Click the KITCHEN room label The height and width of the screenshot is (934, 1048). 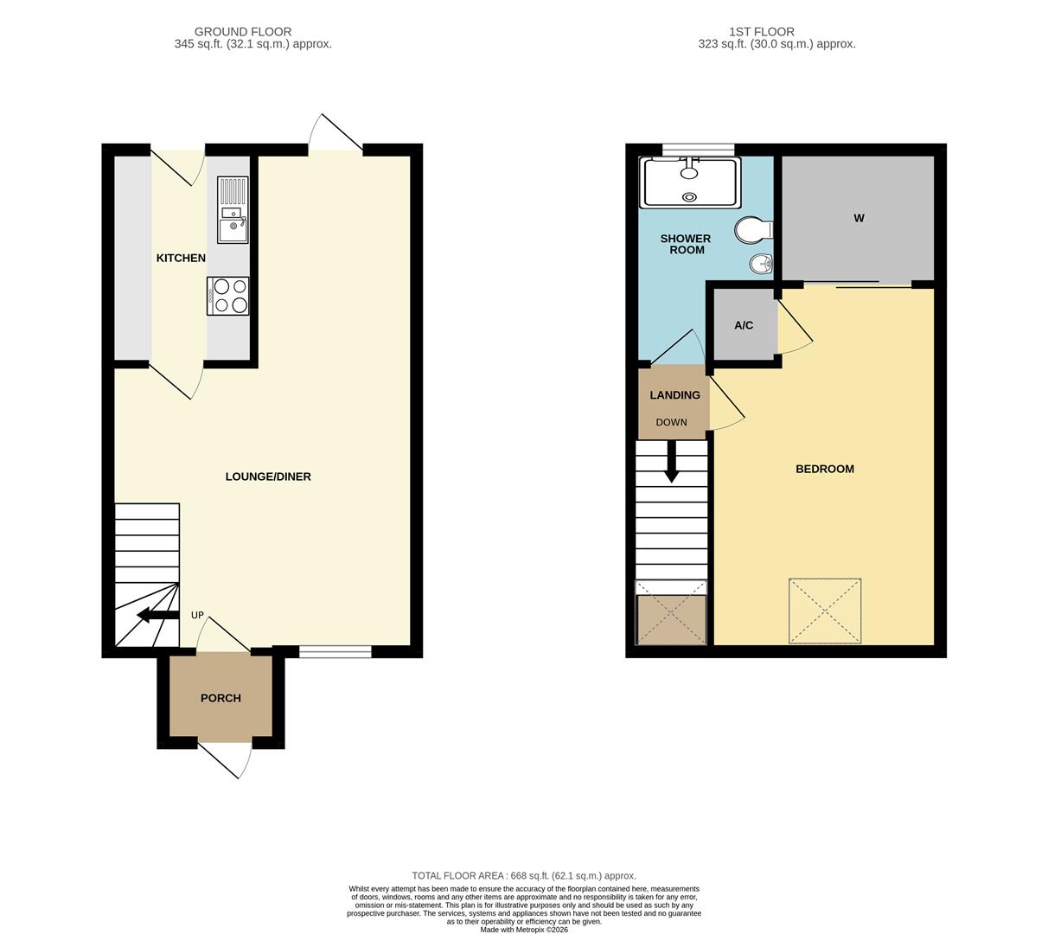pyautogui.click(x=181, y=258)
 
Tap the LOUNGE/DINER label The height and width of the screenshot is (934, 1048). pyautogui.click(x=268, y=477)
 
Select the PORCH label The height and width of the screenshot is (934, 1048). pyautogui.click(x=220, y=698)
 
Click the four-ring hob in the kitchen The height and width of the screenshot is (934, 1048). pyautogui.click(x=228, y=296)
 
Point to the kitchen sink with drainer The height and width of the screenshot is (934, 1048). pyautogui.click(x=233, y=210)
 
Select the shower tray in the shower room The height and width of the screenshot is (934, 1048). pyautogui.click(x=689, y=182)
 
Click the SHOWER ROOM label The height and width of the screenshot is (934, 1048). pyautogui.click(x=686, y=244)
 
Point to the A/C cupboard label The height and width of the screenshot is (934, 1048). pyautogui.click(x=744, y=325)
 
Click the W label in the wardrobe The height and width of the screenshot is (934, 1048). pyautogui.click(x=859, y=218)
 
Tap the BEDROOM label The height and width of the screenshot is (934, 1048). pyautogui.click(x=825, y=469)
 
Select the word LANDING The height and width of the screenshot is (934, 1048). pyautogui.click(x=674, y=395)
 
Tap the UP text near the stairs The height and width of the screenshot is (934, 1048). pyautogui.click(x=197, y=616)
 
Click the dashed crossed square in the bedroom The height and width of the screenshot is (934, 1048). pyautogui.click(x=825, y=611)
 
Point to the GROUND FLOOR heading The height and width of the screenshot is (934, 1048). pyautogui.click(x=243, y=32)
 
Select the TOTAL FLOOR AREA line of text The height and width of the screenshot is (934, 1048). pyautogui.click(x=524, y=875)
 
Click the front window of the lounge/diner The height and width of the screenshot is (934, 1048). pyautogui.click(x=335, y=651)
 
